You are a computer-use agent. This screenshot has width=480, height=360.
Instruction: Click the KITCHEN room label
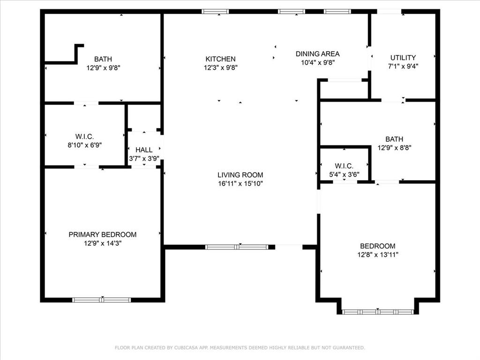click(220, 59)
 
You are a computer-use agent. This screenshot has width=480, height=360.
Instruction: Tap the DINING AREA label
click(317, 54)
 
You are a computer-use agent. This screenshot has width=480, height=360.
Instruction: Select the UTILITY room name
click(403, 58)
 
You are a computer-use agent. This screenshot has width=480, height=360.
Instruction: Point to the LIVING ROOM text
click(240, 175)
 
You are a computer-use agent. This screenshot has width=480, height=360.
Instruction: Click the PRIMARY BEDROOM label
click(103, 234)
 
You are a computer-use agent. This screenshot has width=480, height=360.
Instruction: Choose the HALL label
click(144, 150)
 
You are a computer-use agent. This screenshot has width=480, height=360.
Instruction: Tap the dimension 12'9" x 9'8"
click(103, 67)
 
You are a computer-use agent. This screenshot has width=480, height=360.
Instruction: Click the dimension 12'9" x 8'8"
click(394, 148)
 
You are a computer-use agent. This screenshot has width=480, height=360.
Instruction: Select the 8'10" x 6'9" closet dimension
click(84, 145)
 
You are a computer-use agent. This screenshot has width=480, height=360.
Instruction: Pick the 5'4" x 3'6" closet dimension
click(344, 174)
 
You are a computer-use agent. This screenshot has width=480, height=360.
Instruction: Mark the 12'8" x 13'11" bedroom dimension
click(378, 255)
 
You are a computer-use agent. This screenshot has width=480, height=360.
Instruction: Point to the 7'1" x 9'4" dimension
click(403, 66)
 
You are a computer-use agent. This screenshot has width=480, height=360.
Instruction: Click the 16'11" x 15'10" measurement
click(240, 183)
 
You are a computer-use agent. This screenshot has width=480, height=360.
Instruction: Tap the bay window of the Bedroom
click(378, 312)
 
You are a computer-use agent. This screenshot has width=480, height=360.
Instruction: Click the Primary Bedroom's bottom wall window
click(102, 300)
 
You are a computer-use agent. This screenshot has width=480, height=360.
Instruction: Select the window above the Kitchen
click(215, 12)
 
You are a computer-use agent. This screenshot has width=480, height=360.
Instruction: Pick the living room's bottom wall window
click(237, 247)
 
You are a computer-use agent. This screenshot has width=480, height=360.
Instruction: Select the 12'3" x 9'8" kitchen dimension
click(221, 67)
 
